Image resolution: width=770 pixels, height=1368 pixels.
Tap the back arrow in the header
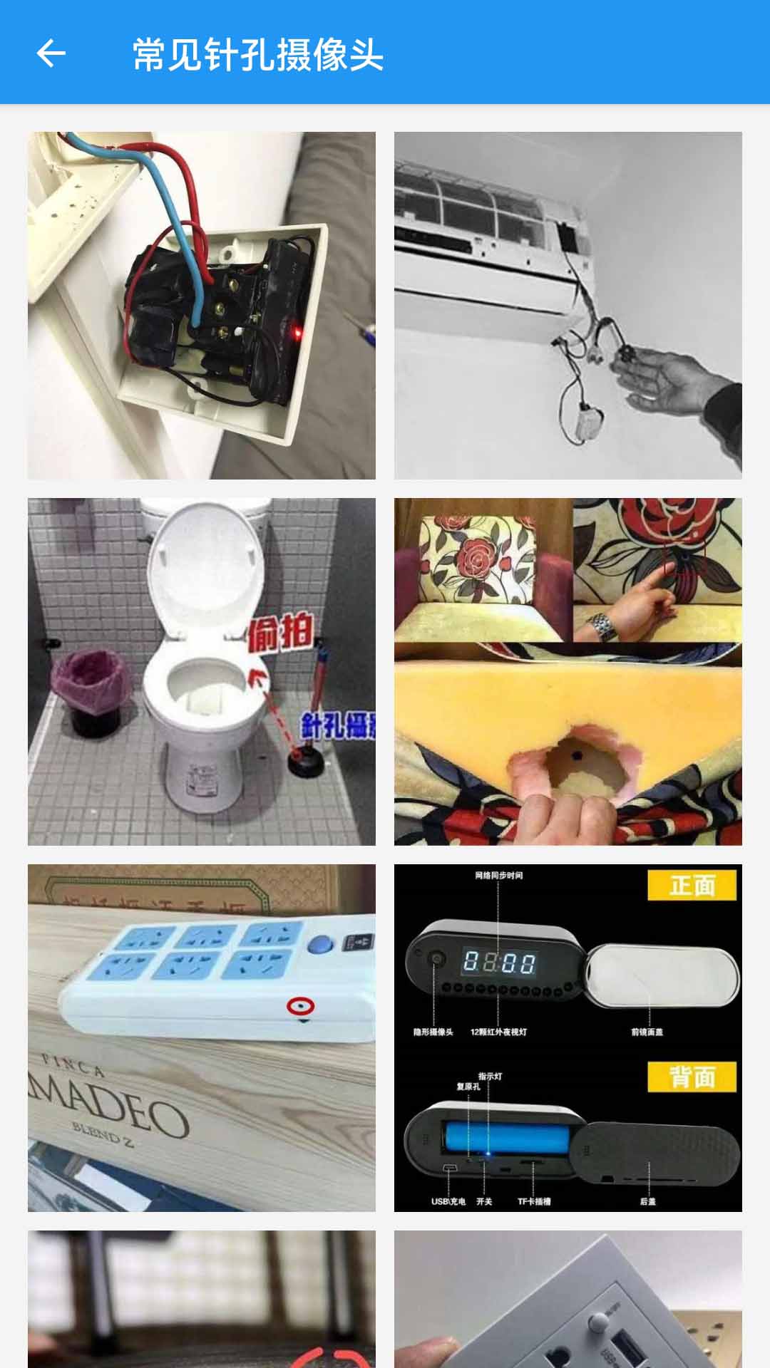(x=51, y=53)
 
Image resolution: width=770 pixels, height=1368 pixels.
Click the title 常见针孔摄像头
(x=257, y=54)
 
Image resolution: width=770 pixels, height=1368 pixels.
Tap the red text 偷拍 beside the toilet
(x=280, y=631)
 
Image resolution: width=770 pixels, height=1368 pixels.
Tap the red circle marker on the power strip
(x=300, y=1006)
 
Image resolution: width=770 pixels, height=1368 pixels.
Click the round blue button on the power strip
(x=320, y=945)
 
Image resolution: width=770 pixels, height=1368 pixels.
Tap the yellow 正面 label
(x=692, y=886)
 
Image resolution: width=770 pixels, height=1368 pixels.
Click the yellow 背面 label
(x=692, y=1077)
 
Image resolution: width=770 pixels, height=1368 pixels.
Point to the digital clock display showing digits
(x=499, y=963)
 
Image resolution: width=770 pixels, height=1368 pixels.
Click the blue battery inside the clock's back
(x=506, y=1138)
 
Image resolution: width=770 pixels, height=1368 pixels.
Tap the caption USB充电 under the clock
(x=448, y=1201)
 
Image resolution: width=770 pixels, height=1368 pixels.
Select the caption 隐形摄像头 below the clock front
(x=433, y=1032)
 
